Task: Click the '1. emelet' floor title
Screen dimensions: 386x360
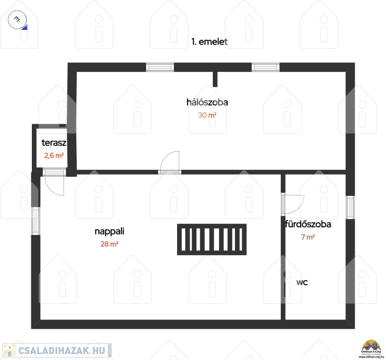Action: [x=209, y=42]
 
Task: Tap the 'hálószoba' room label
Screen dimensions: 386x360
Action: [x=207, y=102]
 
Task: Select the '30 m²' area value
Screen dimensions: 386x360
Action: [x=207, y=115]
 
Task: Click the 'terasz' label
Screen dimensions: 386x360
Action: [x=54, y=143]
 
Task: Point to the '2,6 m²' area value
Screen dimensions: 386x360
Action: [x=54, y=155]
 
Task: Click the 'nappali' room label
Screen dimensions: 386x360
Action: [x=110, y=232]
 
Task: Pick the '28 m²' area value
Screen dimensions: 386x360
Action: [x=110, y=244]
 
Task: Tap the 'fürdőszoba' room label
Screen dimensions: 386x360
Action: [x=308, y=224]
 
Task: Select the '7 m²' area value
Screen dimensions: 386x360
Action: [x=308, y=237]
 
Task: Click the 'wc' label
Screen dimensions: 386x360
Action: [x=302, y=282]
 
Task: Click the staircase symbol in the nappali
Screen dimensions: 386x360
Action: [x=212, y=239]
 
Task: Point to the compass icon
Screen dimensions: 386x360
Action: [x=17, y=20]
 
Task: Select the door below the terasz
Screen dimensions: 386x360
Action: [x=55, y=182]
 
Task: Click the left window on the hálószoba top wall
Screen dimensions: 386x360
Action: [x=160, y=67]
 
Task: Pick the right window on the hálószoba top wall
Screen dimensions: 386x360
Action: [x=266, y=67]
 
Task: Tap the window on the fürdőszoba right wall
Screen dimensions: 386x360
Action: [x=351, y=208]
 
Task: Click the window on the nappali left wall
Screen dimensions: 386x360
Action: [x=36, y=221]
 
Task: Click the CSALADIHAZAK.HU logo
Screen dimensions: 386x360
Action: [x=57, y=350]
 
